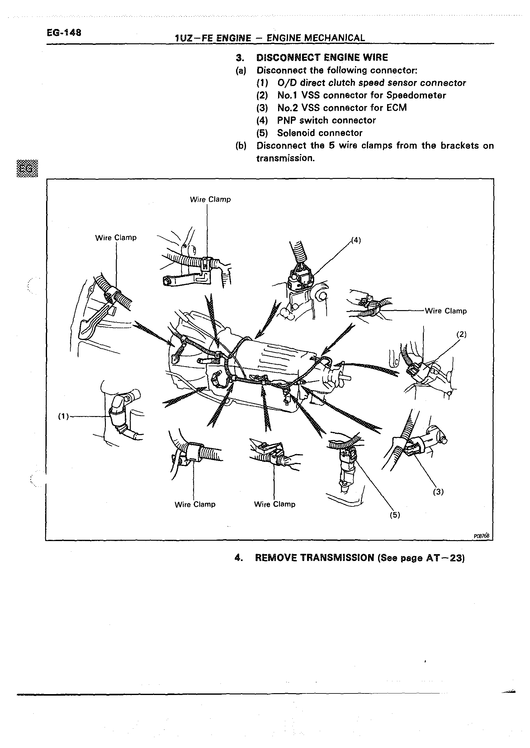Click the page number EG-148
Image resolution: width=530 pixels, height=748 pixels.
click(x=64, y=33)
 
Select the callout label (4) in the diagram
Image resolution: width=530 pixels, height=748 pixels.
click(x=356, y=240)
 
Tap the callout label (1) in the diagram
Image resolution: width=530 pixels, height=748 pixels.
click(x=63, y=416)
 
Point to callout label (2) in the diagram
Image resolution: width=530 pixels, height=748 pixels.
click(x=461, y=334)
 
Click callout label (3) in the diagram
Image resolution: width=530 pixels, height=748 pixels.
click(x=438, y=491)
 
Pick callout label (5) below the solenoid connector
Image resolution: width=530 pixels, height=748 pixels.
click(x=395, y=515)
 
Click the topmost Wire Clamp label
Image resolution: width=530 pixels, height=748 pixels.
click(x=210, y=199)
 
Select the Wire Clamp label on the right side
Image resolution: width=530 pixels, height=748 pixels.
click(x=446, y=311)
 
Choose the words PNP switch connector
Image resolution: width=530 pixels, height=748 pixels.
click(x=326, y=121)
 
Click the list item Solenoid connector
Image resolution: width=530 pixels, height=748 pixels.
click(x=319, y=133)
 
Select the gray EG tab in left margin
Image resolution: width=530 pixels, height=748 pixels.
click(x=27, y=169)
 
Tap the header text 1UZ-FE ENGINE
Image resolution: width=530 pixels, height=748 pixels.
click(x=213, y=38)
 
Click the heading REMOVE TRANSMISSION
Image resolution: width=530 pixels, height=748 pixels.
click(x=314, y=558)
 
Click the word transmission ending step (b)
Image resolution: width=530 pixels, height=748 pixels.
click(x=285, y=158)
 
